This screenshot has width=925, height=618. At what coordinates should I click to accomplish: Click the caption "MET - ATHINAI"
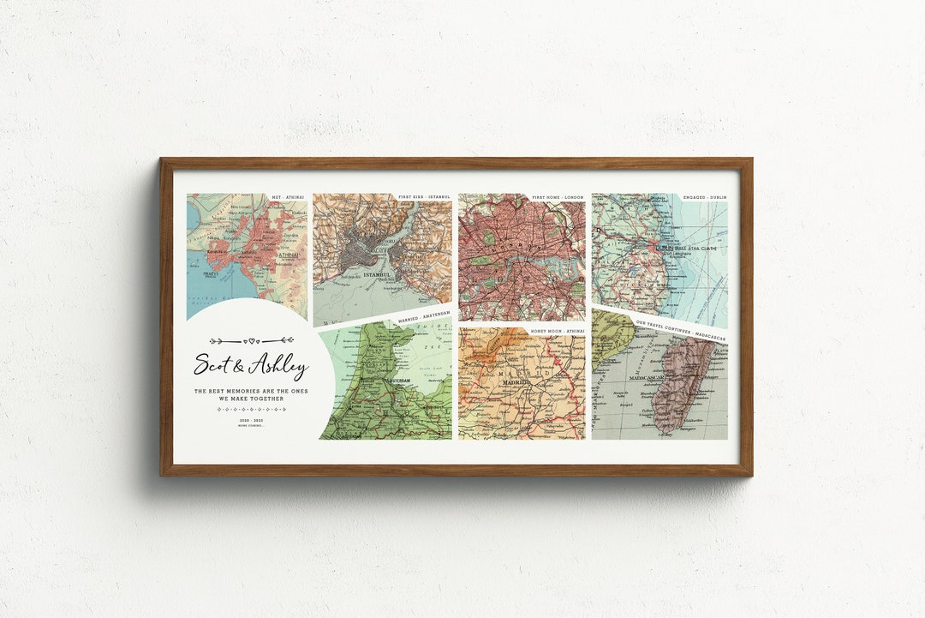[288, 197]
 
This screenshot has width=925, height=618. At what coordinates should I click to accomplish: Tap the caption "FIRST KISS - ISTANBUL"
[424, 197]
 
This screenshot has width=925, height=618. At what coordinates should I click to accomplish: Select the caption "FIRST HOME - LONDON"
[558, 197]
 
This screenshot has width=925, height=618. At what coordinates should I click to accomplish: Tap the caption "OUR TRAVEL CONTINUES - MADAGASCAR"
[681, 331]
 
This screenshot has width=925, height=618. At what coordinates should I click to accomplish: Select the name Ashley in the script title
[277, 368]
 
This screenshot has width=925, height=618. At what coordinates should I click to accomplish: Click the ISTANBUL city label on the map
[377, 275]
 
